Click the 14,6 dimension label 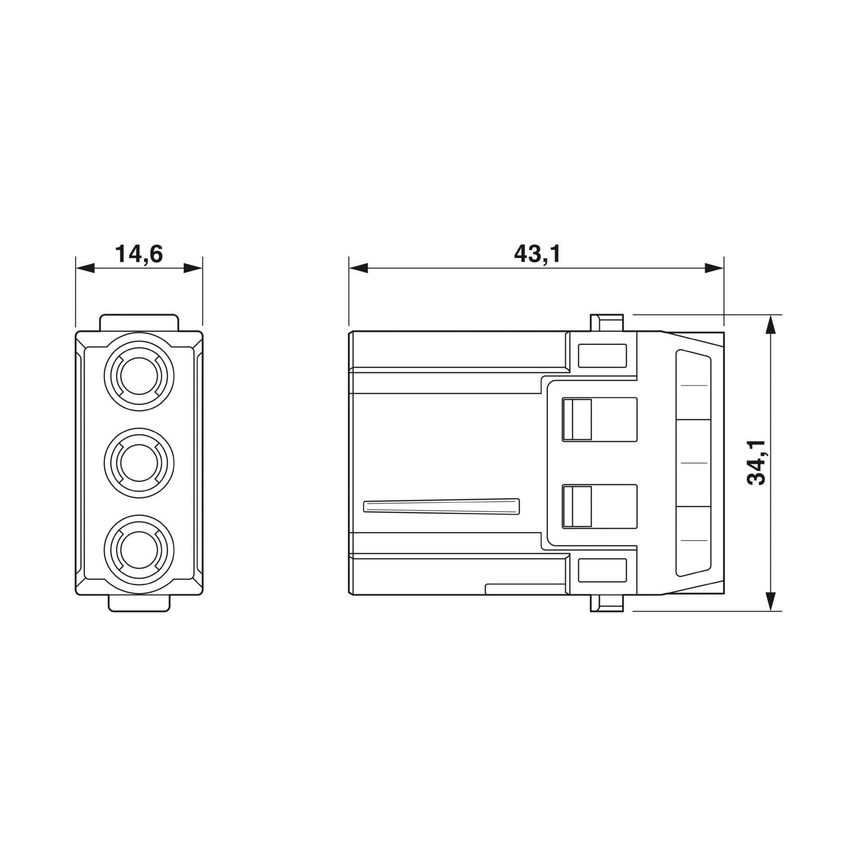[139, 254]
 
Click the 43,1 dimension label [537, 254]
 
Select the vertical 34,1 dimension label [757, 463]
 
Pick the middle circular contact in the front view [139, 463]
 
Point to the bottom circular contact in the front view [139, 550]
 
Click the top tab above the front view [139, 322]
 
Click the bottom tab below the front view [139, 603]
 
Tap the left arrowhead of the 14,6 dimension [85, 268]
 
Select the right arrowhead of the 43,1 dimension [714, 268]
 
